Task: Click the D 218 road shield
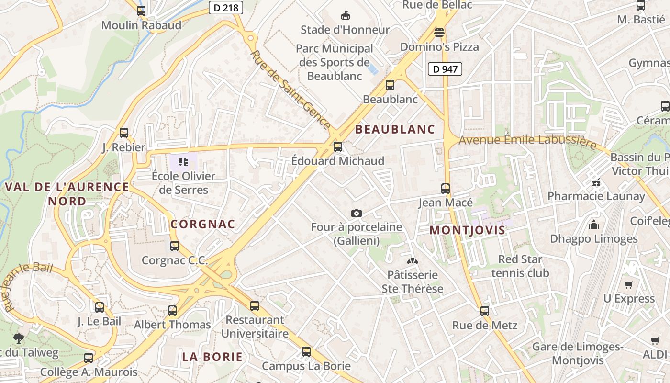point(226,7)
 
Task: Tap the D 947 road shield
point(445,69)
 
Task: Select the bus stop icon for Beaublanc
point(390,85)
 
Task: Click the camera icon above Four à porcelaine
point(356,213)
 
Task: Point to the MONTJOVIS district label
point(467,230)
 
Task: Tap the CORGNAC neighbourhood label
point(203,224)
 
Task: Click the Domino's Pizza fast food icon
point(439,33)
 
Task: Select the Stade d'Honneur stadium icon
point(345,15)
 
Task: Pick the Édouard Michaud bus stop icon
point(338,147)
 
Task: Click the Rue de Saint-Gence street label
point(290,90)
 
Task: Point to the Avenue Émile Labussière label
point(528,141)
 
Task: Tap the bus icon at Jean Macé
point(446,189)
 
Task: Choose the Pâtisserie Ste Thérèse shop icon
point(412,261)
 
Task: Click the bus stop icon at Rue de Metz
point(485,311)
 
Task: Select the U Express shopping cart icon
point(629,284)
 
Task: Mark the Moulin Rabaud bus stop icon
point(141,11)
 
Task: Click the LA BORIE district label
point(212,357)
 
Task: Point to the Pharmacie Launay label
point(596,196)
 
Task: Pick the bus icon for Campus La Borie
point(306,352)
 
